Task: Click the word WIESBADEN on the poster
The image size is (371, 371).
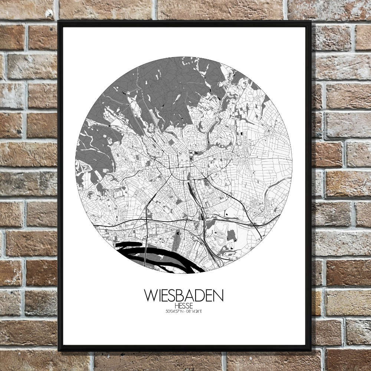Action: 184,296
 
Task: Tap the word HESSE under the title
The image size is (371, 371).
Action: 184,305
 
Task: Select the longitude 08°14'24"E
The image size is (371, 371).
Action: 194,311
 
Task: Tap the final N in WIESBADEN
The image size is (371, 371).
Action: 219,296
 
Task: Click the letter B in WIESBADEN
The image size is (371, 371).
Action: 182,296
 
